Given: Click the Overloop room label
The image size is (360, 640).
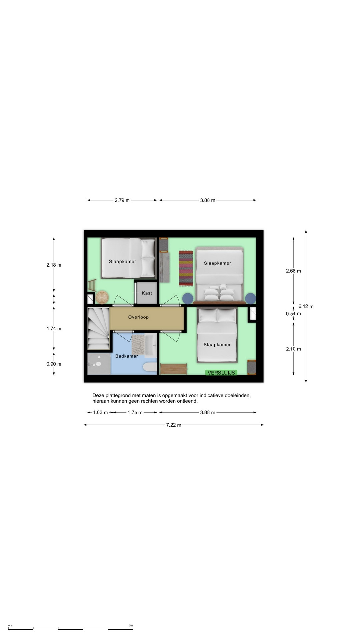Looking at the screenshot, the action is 138,317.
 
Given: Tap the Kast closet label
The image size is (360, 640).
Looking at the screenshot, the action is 147,293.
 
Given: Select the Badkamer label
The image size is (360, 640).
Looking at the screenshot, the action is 127,356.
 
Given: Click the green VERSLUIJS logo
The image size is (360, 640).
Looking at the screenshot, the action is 221,373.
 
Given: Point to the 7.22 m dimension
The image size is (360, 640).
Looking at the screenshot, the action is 174,425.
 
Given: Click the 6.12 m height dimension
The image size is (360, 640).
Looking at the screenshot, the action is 306,306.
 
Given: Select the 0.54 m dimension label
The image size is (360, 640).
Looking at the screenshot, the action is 293,314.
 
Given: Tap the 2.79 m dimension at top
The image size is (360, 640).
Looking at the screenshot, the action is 122,200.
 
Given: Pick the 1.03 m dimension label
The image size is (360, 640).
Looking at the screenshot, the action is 100,412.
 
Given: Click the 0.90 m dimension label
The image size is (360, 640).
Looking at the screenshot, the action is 54,364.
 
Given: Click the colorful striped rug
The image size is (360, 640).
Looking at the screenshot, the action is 186,268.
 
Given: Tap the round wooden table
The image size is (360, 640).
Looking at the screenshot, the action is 102,297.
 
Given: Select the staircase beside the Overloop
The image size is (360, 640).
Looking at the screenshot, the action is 99,328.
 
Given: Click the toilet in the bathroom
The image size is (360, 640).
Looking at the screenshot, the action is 150,367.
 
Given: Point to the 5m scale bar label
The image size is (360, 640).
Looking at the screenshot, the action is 131,625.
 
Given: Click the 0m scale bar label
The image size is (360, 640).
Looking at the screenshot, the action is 10,625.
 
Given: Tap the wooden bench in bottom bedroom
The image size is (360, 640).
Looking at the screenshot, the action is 173,369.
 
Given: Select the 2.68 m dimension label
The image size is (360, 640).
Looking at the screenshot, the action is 293,271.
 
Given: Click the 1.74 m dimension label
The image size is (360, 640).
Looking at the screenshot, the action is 54,329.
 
